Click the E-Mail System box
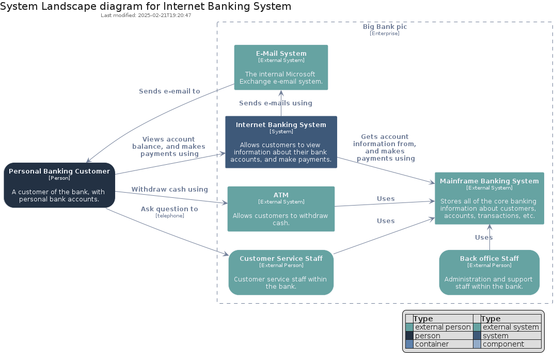(x=281, y=67)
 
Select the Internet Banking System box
(x=281, y=142)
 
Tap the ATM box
(x=281, y=209)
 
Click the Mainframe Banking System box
(x=489, y=198)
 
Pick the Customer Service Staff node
(x=281, y=273)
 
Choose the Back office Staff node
(x=489, y=273)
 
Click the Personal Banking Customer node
(x=59, y=185)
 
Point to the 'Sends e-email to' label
(x=169, y=91)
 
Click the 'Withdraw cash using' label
(x=169, y=190)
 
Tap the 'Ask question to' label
(x=169, y=209)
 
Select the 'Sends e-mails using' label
(x=276, y=103)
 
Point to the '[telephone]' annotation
(x=170, y=216)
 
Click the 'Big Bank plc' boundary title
(x=385, y=26)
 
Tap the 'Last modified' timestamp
(x=146, y=15)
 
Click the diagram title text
(x=146, y=6)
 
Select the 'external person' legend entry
(x=443, y=327)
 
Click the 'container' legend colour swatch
(x=409, y=344)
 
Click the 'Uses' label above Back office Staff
(x=484, y=238)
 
